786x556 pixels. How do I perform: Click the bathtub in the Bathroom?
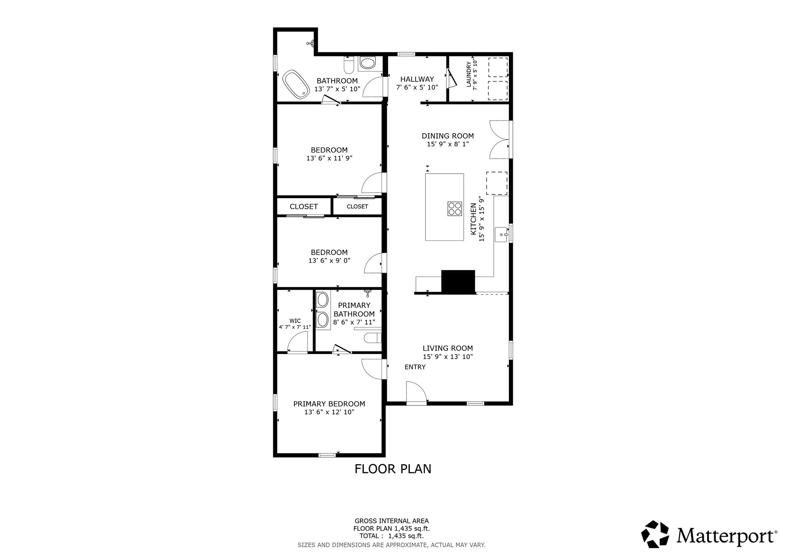(296, 84)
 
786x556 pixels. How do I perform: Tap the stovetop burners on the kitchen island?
(454, 208)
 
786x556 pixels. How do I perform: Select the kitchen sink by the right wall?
(502, 234)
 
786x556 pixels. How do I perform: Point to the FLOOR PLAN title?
(393, 469)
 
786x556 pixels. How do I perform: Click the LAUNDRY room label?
(469, 74)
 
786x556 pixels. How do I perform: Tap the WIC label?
(295, 321)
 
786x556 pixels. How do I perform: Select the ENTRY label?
(415, 367)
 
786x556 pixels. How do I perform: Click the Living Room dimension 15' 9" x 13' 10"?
(447, 356)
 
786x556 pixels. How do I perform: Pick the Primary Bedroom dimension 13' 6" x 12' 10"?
(329, 412)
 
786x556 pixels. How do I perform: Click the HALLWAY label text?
(417, 79)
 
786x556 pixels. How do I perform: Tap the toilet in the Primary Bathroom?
(372, 338)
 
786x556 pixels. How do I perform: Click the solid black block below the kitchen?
(458, 281)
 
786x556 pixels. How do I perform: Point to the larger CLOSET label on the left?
(304, 207)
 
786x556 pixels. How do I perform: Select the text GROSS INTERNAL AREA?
(391, 521)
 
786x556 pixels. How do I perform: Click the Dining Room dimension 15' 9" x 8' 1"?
(448, 144)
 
